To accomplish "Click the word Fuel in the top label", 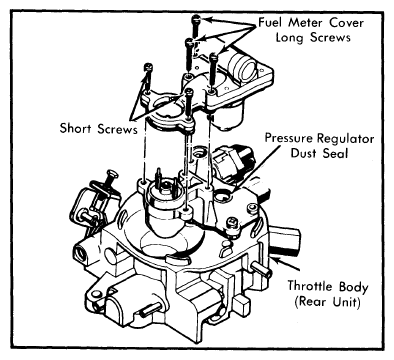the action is click(x=270, y=23).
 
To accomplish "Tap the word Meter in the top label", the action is click(x=305, y=23).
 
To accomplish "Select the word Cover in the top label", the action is click(x=346, y=23).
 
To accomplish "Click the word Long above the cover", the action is click(x=290, y=37).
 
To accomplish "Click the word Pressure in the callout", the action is click(x=289, y=138).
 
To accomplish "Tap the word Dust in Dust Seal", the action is click(x=303, y=153).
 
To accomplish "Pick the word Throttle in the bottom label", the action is click(x=310, y=286).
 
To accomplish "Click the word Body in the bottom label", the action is click(x=353, y=287).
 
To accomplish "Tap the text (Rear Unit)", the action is click(x=328, y=302).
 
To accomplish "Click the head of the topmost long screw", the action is click(x=196, y=19).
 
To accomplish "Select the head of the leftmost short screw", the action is click(x=148, y=67).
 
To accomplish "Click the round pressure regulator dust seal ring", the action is click(x=222, y=196).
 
